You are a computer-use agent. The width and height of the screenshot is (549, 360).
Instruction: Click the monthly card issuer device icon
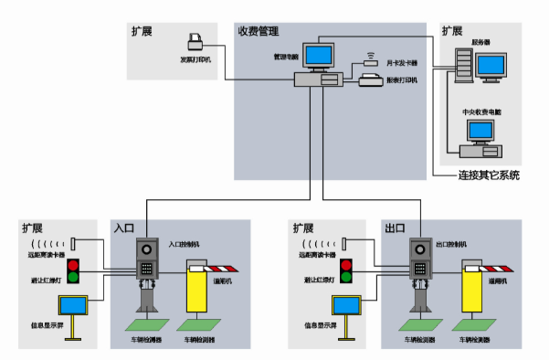369,62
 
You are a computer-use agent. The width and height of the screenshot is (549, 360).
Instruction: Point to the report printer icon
371,81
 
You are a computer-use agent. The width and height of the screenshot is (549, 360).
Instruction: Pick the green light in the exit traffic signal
346,277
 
